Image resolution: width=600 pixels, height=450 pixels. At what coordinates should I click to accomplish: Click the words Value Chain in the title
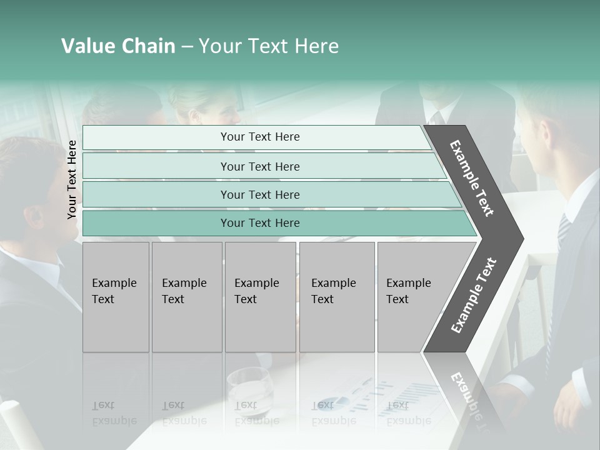click(118, 46)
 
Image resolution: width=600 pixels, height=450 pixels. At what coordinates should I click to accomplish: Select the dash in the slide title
click(187, 47)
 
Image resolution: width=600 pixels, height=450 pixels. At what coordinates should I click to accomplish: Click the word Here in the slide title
click(316, 46)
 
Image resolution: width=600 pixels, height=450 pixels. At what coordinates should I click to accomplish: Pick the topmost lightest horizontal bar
click(256, 137)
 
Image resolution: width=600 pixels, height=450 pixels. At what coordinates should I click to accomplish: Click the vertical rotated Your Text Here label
click(72, 179)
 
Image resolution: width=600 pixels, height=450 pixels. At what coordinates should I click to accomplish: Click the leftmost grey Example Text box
click(116, 297)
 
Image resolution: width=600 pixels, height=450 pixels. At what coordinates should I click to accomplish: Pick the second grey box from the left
click(187, 297)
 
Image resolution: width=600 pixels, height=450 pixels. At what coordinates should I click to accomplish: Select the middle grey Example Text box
click(260, 297)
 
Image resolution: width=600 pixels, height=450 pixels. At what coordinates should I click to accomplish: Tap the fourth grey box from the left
click(337, 297)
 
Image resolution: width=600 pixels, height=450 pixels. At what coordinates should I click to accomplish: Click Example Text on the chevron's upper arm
click(472, 178)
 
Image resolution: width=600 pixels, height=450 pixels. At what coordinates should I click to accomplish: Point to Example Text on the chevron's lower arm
click(474, 295)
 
